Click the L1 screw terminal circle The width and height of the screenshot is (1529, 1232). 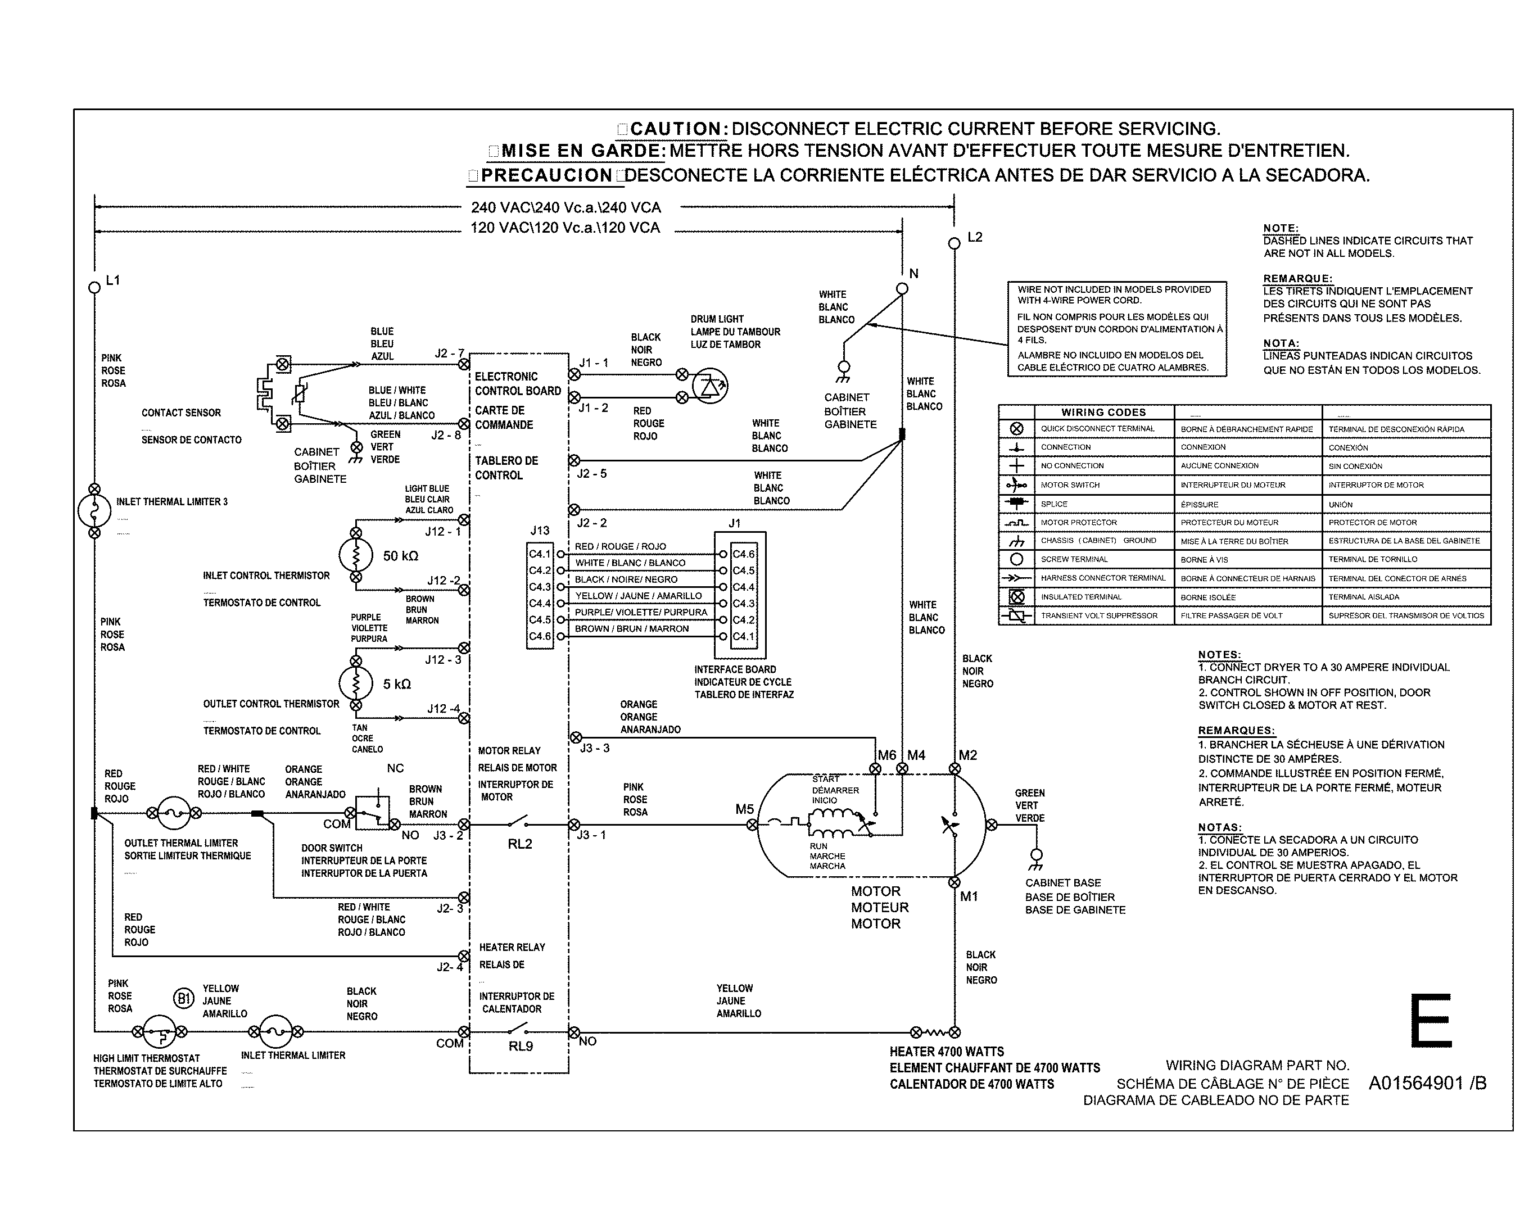click(94, 287)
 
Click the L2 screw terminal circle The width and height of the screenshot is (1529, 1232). click(954, 243)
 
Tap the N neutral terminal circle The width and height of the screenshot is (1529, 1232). click(902, 288)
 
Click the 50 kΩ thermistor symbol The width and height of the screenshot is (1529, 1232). click(356, 555)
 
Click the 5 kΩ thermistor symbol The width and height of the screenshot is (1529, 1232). click(356, 683)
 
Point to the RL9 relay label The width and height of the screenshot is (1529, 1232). click(521, 1046)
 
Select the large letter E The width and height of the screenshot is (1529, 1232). click(1430, 1021)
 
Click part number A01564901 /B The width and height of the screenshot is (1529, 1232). click(1427, 1083)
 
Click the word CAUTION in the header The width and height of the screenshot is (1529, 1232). click(675, 129)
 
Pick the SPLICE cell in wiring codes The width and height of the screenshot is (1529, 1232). click(1054, 504)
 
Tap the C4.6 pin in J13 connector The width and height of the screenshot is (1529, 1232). click(540, 636)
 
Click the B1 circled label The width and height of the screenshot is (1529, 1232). click(184, 999)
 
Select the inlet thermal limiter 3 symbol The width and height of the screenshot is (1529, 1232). click(94, 510)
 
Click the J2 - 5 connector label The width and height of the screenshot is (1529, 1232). click(591, 473)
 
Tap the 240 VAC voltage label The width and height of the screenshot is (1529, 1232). click(566, 208)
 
